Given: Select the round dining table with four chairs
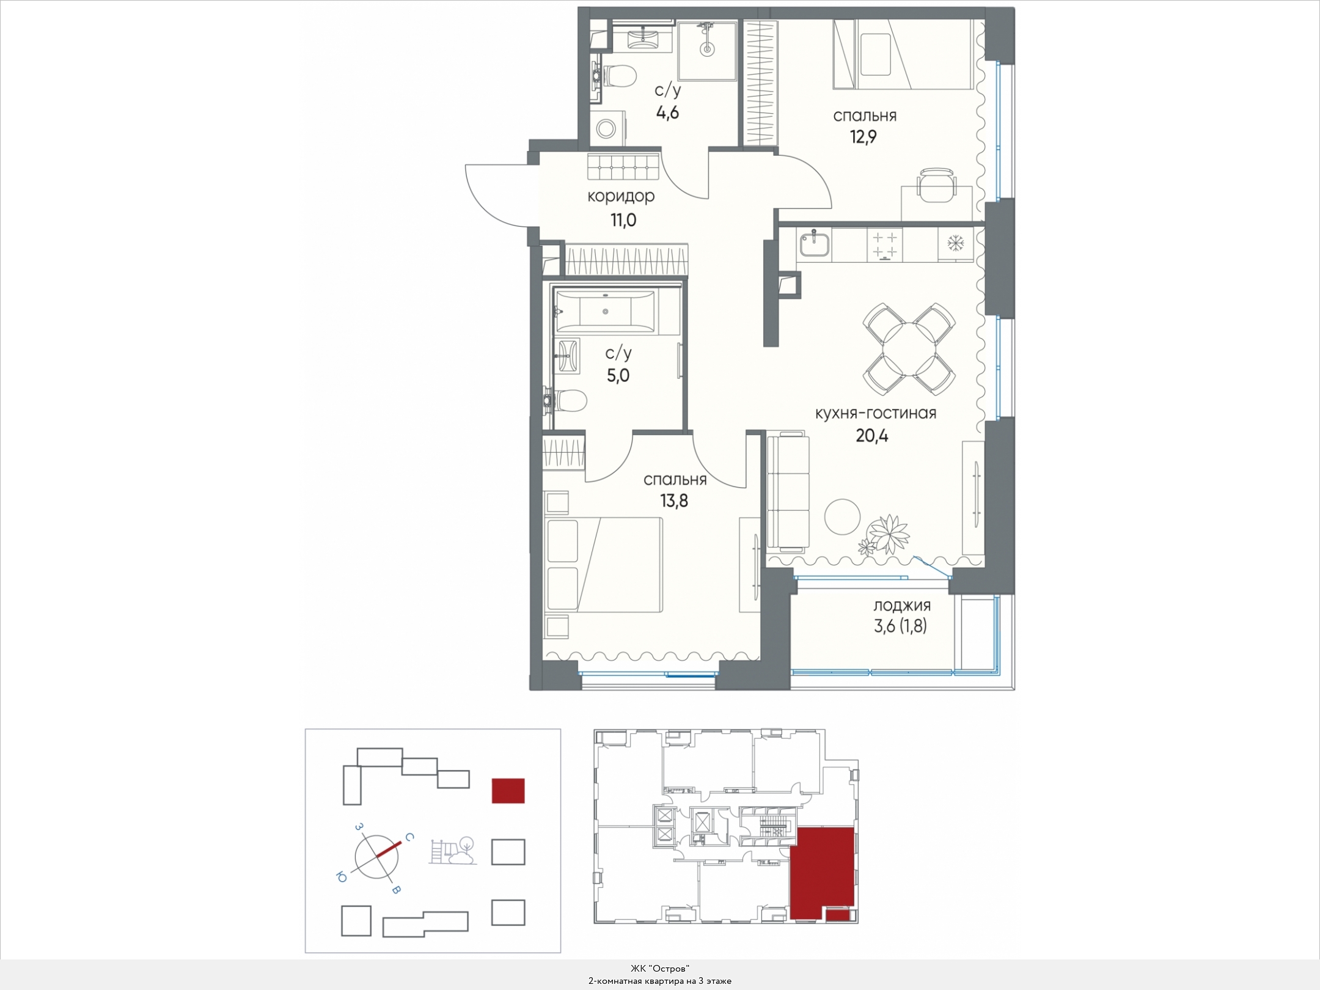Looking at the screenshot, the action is point(909,348).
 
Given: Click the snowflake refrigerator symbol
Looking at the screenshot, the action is point(955,243).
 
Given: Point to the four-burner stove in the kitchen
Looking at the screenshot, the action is point(884,245).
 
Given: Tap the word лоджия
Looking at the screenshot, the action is point(901,606).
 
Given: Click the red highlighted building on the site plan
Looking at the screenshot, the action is point(508,790).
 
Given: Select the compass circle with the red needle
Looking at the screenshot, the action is point(376,857).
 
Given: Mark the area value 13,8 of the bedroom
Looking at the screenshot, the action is point(673,501).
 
